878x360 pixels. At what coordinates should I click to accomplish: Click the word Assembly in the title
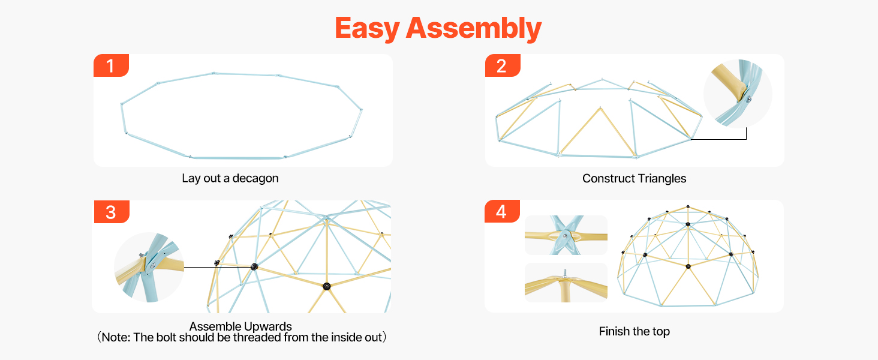(x=474, y=28)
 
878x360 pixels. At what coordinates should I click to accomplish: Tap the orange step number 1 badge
(x=111, y=65)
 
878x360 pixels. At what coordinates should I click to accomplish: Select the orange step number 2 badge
(x=502, y=65)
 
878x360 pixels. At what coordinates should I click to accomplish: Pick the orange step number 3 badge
(x=111, y=212)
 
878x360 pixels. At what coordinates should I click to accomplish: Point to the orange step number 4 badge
(x=502, y=212)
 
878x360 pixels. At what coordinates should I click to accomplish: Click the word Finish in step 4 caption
(x=615, y=331)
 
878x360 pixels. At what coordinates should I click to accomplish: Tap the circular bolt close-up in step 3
(x=149, y=266)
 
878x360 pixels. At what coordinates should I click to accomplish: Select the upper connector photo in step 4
(x=566, y=235)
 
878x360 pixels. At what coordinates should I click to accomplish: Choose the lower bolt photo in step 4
(x=566, y=282)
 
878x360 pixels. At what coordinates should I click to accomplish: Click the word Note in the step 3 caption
(x=115, y=337)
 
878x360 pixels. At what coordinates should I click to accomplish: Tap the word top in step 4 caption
(x=661, y=331)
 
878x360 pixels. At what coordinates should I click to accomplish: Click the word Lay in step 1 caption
(x=190, y=178)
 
